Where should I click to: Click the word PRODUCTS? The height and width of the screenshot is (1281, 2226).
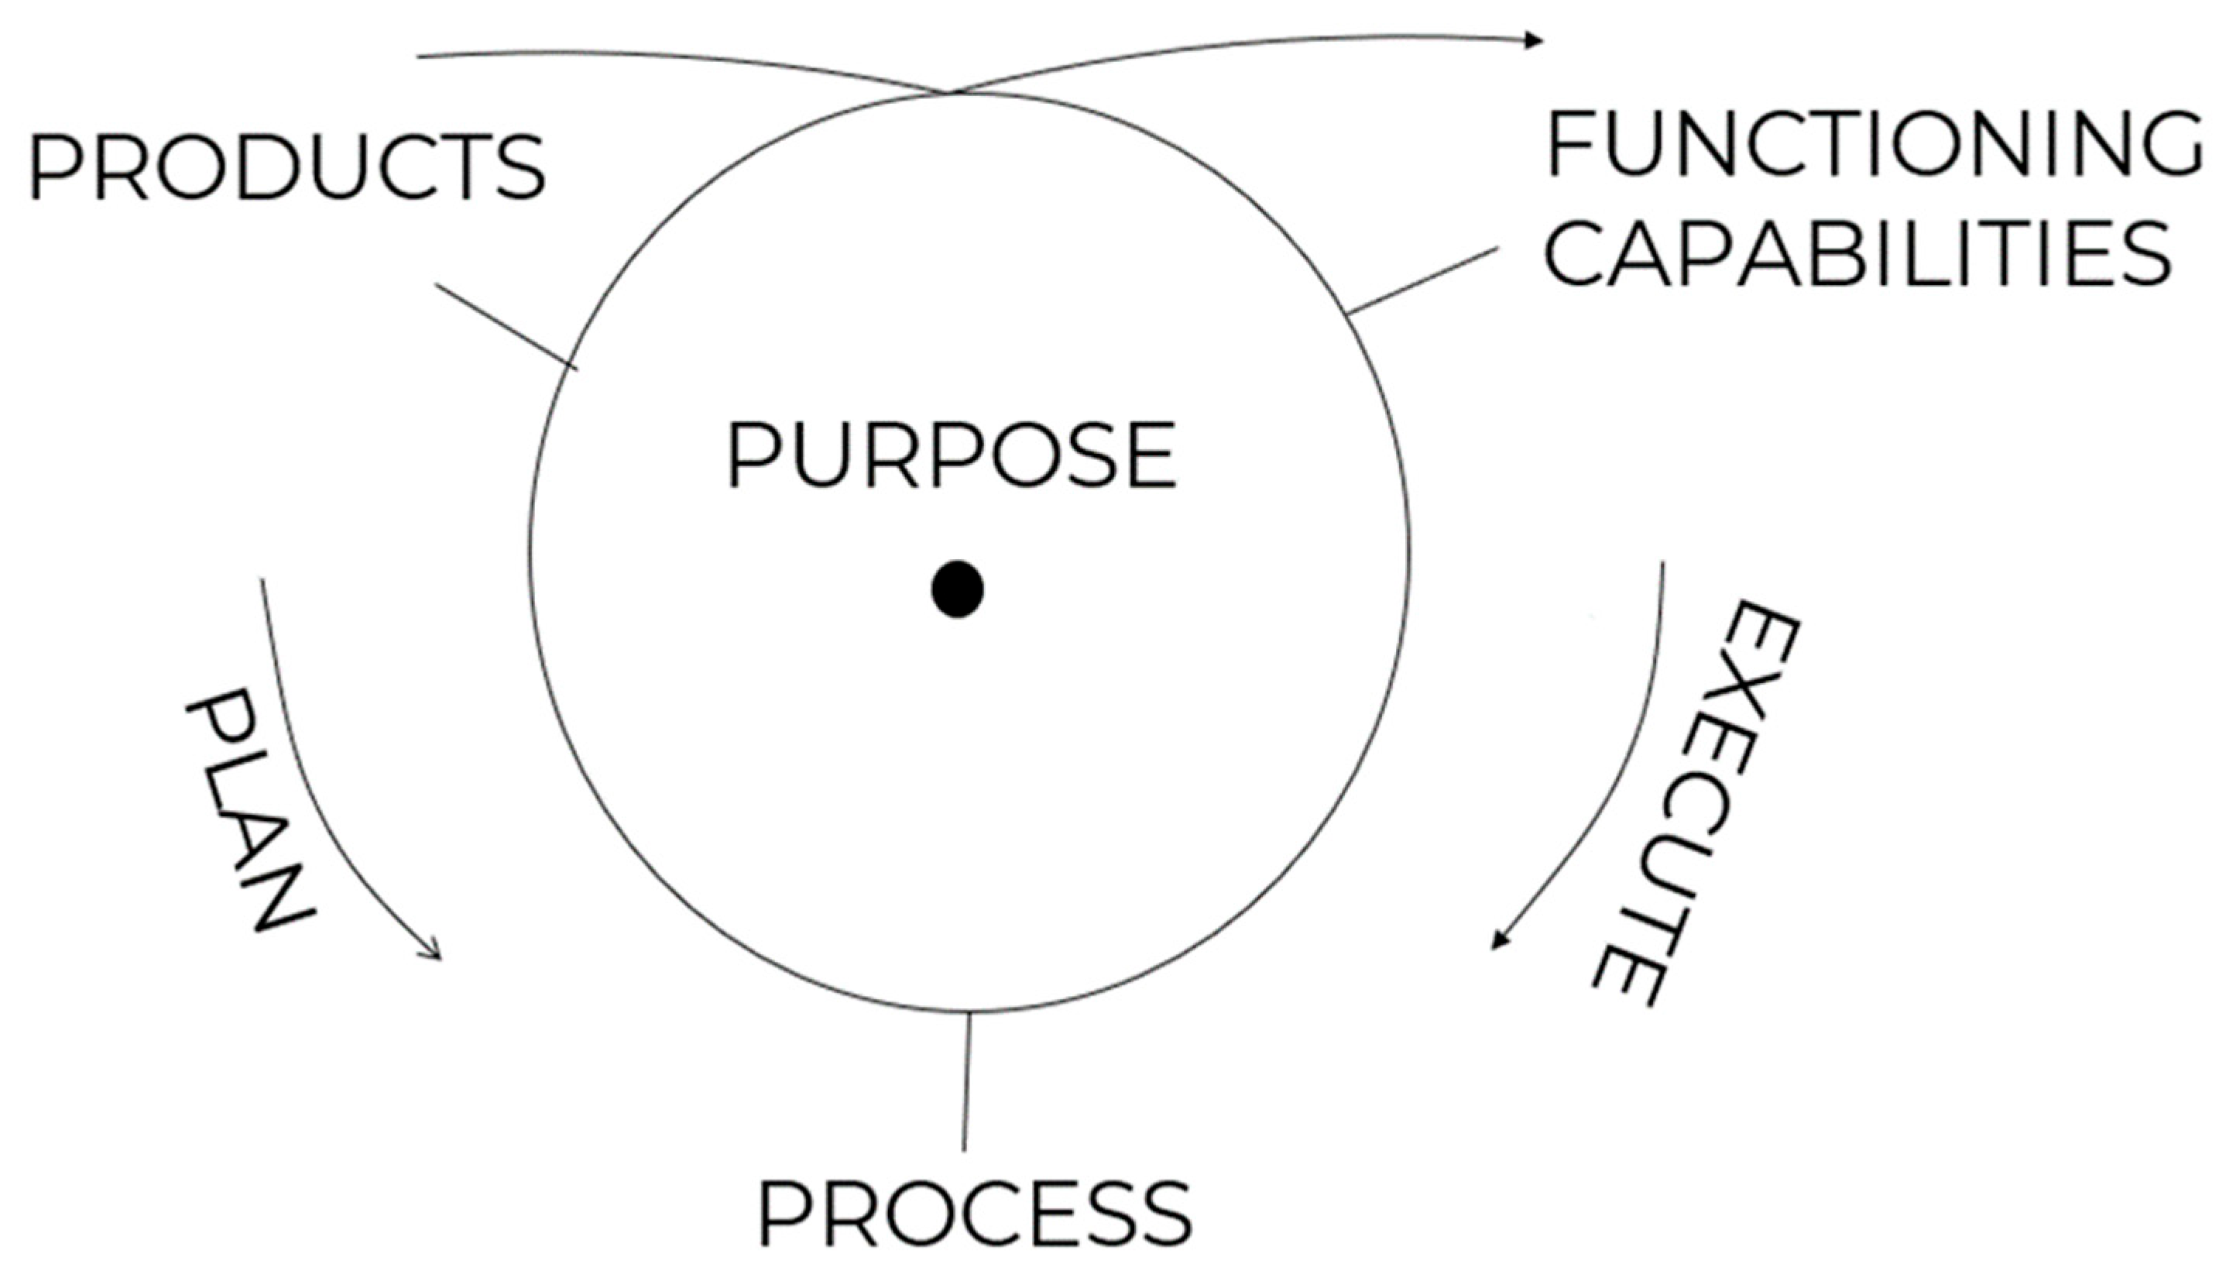[x=286, y=167]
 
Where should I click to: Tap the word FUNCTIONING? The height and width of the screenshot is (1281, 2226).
[x=1873, y=144]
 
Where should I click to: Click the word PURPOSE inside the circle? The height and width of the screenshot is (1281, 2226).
[x=951, y=455]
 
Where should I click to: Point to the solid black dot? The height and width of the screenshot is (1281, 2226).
[x=957, y=589]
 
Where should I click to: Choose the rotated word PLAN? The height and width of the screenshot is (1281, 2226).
[x=249, y=809]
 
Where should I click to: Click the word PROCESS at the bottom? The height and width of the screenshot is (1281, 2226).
[x=975, y=1214]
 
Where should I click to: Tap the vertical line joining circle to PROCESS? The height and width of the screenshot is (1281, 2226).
[x=966, y=1082]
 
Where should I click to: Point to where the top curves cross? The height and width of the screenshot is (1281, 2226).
[x=950, y=91]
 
